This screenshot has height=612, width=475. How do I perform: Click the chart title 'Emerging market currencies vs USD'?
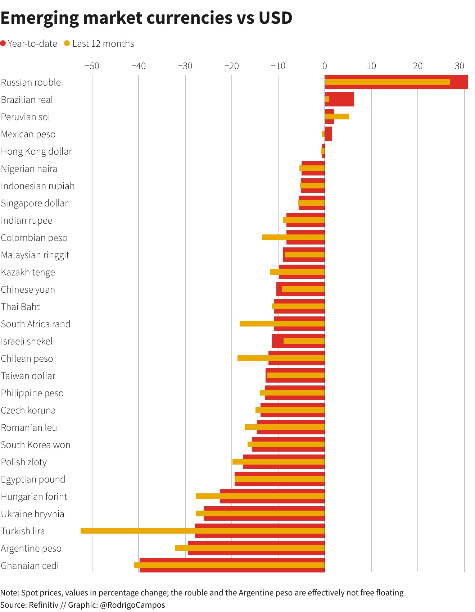[x=146, y=18]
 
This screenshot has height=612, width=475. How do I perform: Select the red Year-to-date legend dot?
[x=3, y=44]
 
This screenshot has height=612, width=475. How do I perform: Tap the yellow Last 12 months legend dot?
[x=67, y=44]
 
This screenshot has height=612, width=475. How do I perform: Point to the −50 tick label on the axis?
[x=92, y=66]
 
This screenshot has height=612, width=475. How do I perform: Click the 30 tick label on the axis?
[x=460, y=66]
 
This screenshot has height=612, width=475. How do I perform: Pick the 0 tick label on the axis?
[x=325, y=66]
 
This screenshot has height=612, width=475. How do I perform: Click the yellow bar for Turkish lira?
[x=203, y=531]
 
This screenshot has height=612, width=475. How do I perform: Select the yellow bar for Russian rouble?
[x=387, y=82]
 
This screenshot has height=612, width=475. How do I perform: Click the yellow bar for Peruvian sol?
[x=337, y=117]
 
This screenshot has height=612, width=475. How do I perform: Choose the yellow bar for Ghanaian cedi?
[x=229, y=565]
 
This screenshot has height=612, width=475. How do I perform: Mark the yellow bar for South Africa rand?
[x=282, y=324]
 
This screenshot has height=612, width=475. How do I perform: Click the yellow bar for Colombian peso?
[x=293, y=237]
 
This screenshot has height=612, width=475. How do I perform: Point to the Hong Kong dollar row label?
[x=36, y=151]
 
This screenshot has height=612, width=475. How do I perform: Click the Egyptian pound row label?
[x=33, y=479]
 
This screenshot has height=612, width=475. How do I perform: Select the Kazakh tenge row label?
[x=28, y=272]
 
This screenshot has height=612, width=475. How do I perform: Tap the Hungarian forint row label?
[x=34, y=497]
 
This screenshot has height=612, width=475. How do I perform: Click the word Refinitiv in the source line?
[x=44, y=605]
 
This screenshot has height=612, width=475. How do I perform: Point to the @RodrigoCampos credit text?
[x=132, y=605]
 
